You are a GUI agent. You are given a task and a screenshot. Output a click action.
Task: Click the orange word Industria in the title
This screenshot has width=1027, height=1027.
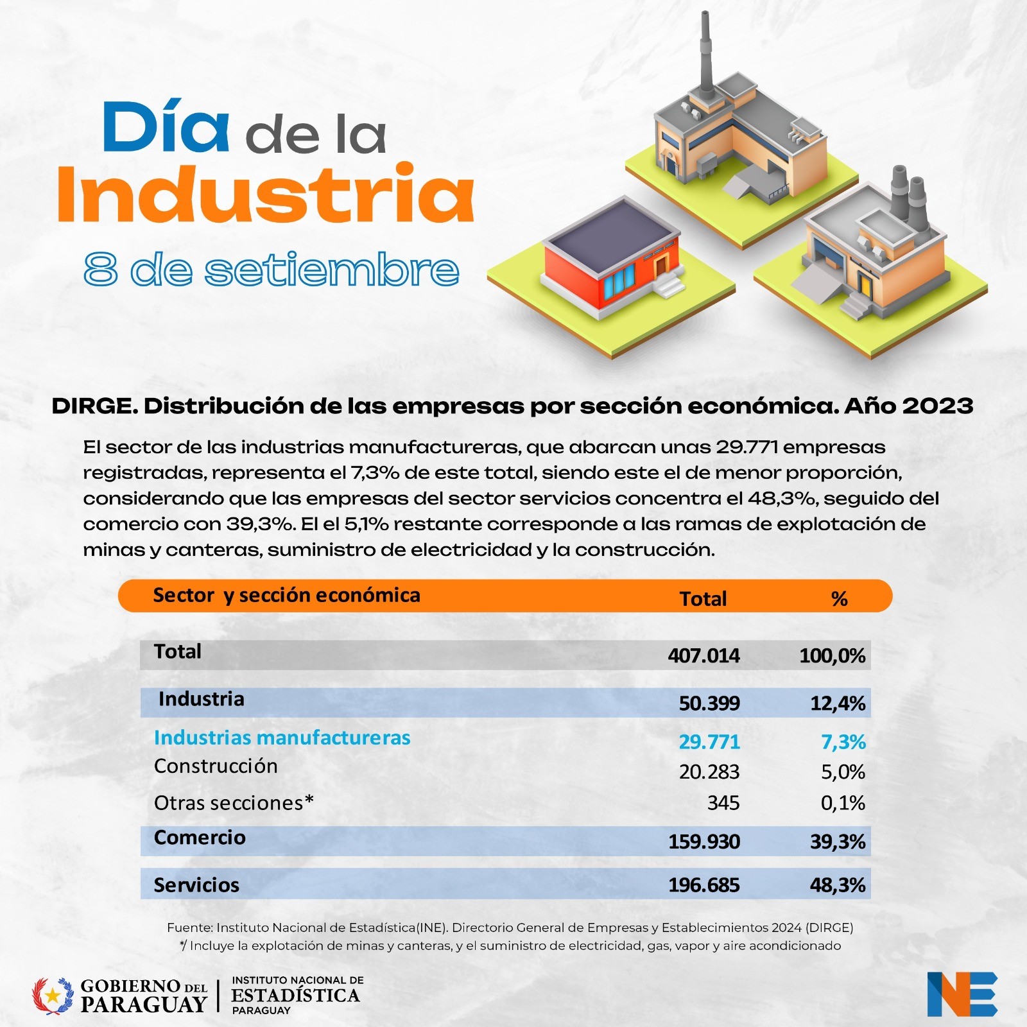point(265,194)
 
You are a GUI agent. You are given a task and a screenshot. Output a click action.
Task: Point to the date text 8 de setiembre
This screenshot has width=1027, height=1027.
point(271,270)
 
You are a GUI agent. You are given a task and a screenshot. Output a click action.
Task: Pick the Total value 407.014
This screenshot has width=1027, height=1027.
point(703,655)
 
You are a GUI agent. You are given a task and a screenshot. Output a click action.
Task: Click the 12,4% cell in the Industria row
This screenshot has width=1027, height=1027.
point(837,703)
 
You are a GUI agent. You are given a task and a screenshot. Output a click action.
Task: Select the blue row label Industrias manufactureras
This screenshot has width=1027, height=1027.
point(282,738)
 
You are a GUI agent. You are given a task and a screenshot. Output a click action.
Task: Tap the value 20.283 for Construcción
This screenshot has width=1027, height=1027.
point(709,772)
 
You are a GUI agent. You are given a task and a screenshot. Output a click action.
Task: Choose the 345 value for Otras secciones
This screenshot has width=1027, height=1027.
point(723,802)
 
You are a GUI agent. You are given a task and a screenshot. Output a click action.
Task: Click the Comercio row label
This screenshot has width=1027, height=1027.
point(200,838)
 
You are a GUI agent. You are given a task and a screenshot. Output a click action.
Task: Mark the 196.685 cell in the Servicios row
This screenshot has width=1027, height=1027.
point(703,885)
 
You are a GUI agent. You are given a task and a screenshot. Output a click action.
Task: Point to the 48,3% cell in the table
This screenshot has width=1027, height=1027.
point(837,885)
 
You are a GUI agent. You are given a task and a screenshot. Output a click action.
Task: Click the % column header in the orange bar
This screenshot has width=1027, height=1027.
point(839,599)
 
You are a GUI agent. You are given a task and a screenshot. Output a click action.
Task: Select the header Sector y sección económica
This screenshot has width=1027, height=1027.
point(286,595)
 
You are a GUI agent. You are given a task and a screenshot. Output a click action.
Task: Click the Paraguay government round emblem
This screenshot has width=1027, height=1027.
point(53,996)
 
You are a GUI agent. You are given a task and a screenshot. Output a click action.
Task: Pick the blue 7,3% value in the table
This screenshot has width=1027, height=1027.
point(843,742)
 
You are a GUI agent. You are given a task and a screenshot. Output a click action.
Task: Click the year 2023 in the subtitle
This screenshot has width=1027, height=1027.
point(937,406)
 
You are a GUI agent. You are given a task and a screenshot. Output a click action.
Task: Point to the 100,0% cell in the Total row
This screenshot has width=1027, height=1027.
point(832,655)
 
